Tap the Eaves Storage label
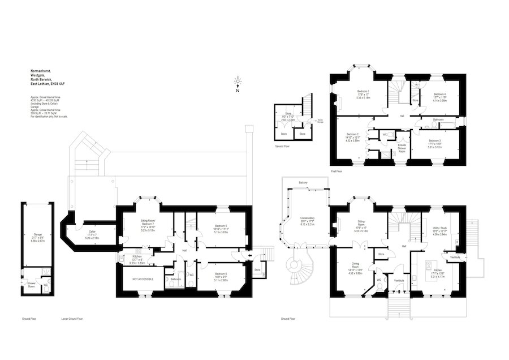pos(320,120)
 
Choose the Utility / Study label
pos(439,229)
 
